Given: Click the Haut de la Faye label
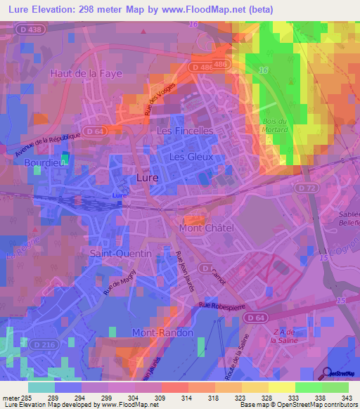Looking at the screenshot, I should [x=86, y=73].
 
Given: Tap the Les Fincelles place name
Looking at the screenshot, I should [x=185, y=131].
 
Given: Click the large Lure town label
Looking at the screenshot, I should [x=147, y=178].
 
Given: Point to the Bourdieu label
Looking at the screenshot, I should [x=44, y=162].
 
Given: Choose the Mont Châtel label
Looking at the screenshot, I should [x=207, y=228].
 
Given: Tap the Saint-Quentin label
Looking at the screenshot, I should [x=120, y=253].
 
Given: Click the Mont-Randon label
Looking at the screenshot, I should [x=162, y=332].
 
